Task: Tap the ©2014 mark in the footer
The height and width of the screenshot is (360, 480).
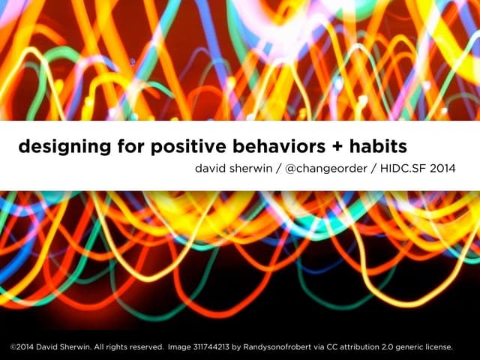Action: point(22,347)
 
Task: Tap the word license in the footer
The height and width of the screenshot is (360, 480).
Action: point(439,347)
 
